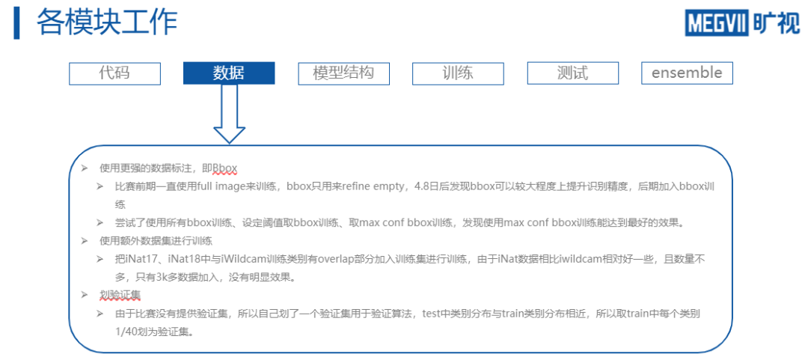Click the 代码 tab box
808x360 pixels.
tap(114, 73)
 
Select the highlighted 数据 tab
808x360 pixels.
tap(229, 73)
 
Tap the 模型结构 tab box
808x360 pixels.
tap(343, 73)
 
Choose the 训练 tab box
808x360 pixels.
tap(458, 73)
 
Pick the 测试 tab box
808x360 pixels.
tap(572, 73)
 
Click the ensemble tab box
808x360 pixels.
tap(687, 73)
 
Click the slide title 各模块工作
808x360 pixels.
tap(107, 23)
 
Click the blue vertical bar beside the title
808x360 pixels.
tap(16, 23)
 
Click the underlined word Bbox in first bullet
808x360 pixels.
tap(224, 167)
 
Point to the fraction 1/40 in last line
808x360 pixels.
tap(127, 330)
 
